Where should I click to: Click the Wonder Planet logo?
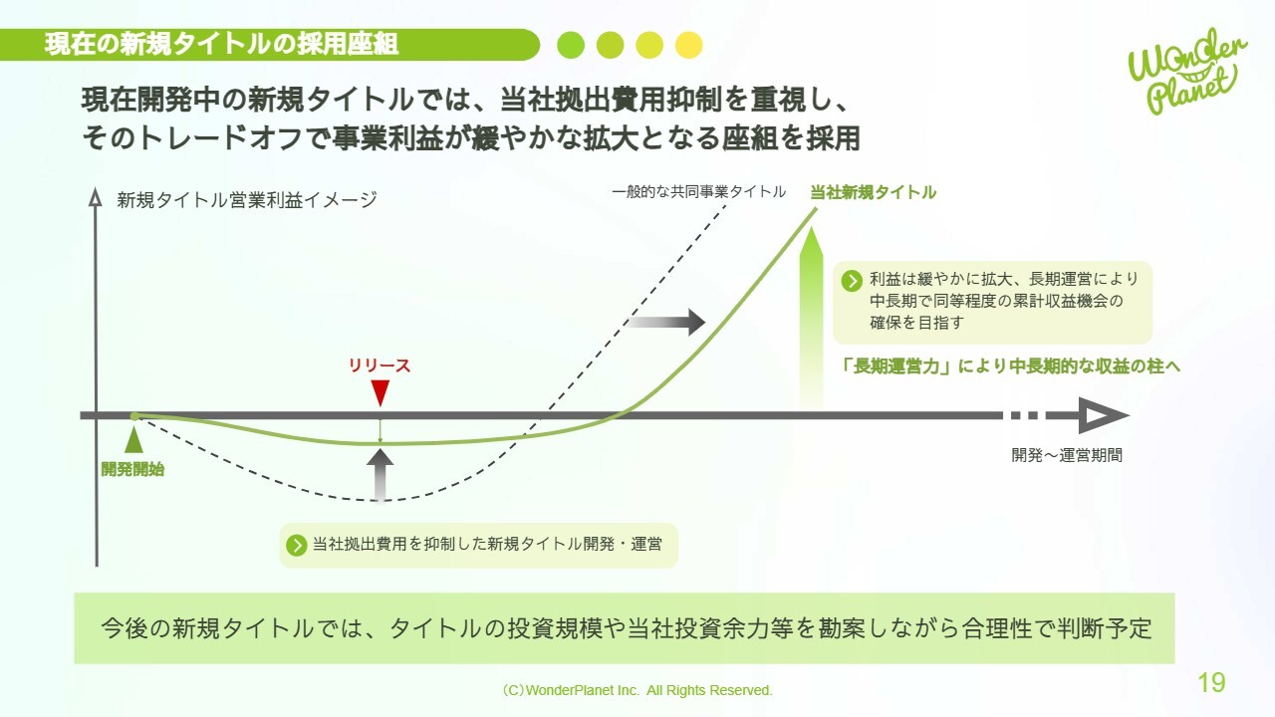(1186, 71)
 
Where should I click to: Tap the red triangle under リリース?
(380, 393)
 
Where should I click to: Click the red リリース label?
(380, 365)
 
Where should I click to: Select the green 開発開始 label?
(132, 469)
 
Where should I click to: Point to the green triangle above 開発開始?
(133, 439)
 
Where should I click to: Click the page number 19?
(1212, 682)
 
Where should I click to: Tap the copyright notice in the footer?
(637, 690)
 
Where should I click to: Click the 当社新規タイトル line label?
(874, 192)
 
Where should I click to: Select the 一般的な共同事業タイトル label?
(699, 192)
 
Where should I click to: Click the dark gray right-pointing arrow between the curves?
(667, 322)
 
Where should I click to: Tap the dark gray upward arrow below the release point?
(380, 476)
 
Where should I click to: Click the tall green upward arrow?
(811, 319)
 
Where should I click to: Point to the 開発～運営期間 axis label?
(1067, 455)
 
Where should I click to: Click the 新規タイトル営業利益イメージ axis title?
(247, 200)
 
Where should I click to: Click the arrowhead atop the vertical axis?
(96, 196)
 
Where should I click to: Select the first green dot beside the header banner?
(571, 45)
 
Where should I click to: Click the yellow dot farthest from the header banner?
(688, 45)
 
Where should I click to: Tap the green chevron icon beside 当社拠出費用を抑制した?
(297, 545)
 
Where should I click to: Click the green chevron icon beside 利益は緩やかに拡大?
(852, 281)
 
